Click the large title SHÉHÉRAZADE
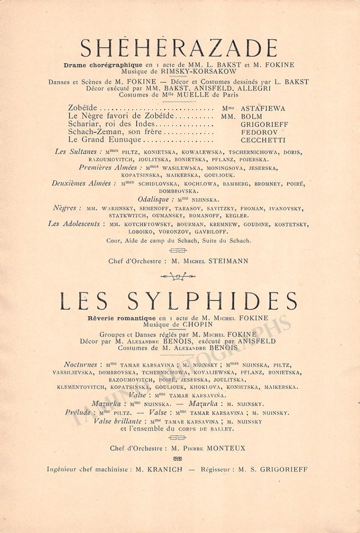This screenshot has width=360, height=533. point(180,48)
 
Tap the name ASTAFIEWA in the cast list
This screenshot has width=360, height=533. point(263,108)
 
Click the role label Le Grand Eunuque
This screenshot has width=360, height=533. point(104,140)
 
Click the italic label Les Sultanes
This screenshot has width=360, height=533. point(72,152)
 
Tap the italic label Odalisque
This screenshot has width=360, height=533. point(152,199)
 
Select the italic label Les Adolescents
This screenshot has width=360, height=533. point(74,224)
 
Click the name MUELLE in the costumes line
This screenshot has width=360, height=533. point(176,94)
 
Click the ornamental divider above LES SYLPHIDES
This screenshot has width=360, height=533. point(178,277)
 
